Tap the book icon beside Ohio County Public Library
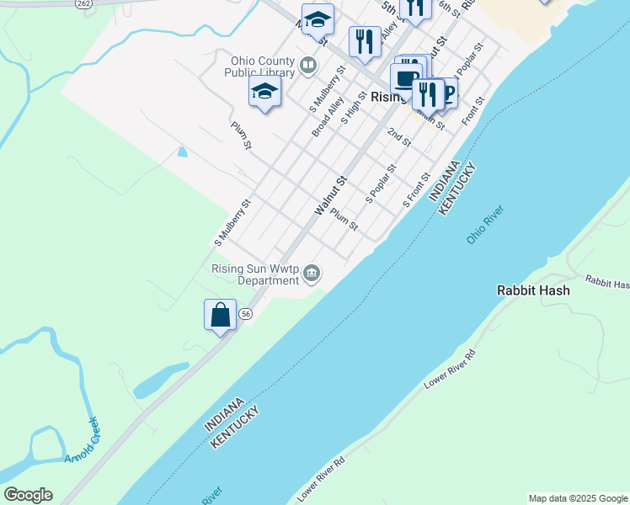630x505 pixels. [x=309, y=65]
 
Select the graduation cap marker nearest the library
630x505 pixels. [x=264, y=93]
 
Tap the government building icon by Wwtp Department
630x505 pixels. [x=312, y=272]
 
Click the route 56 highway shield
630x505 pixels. [x=245, y=313]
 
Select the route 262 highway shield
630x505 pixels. [x=83, y=3]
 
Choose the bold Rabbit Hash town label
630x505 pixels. [x=533, y=290]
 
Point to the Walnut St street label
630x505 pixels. [x=330, y=195]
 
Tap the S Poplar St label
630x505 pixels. [x=381, y=184]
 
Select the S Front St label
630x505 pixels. [x=417, y=191]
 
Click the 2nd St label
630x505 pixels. [x=398, y=137]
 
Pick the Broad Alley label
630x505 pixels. [x=328, y=117]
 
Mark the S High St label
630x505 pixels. [x=355, y=109]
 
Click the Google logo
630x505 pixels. [x=28, y=495]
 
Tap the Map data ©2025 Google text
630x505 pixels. [x=578, y=498]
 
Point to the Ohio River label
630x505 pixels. [x=485, y=225]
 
